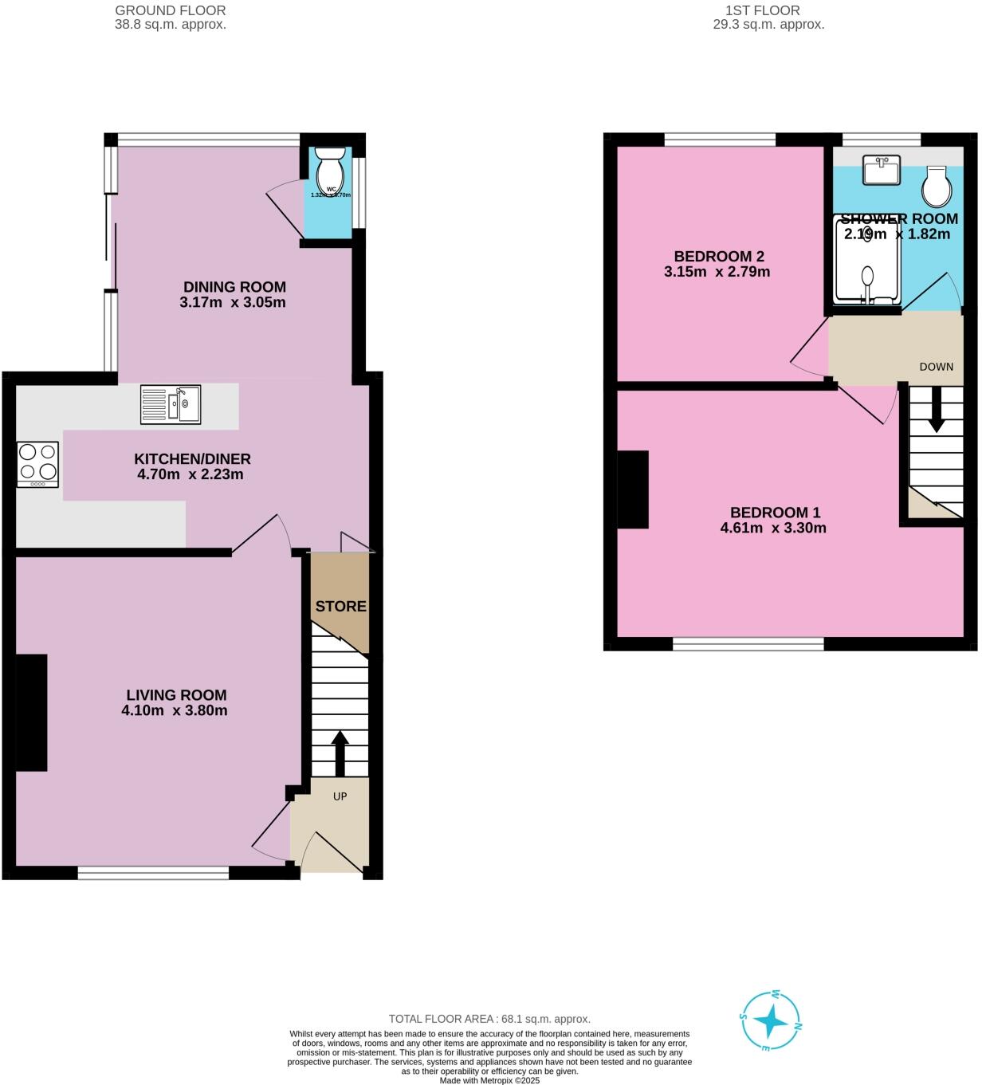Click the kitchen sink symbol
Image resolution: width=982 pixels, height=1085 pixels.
tap(171, 404)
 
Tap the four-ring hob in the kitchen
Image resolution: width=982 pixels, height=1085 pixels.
tap(37, 465)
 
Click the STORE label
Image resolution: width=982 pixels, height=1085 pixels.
tap(340, 607)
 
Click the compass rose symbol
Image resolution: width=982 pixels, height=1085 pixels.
tap(771, 1020)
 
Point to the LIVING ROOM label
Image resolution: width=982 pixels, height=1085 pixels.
tap(175, 695)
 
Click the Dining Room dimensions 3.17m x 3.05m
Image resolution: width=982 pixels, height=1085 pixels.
tap(233, 303)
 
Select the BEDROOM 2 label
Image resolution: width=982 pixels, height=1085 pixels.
tap(718, 257)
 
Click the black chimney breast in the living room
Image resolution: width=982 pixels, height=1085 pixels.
tap(31, 713)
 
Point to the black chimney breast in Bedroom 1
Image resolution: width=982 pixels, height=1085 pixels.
tap(633, 489)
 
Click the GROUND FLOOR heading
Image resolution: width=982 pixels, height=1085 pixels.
tap(170, 10)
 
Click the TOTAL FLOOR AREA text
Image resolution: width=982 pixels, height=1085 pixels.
tap(489, 1019)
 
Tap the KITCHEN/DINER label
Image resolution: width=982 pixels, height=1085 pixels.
tap(192, 459)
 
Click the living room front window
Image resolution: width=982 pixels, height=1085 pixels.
tap(153, 873)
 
